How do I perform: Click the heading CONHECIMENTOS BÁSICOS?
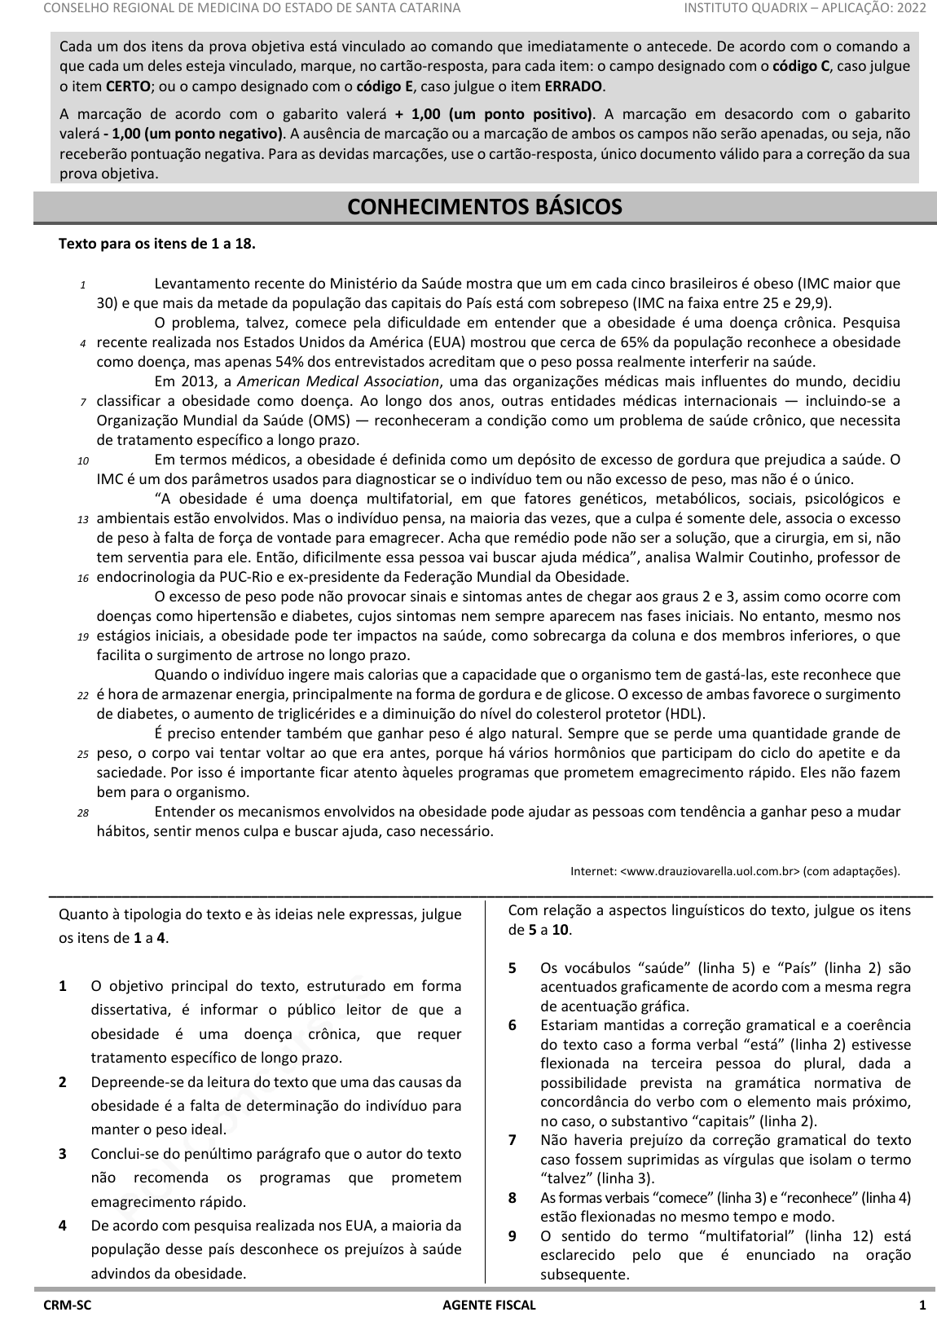(485, 207)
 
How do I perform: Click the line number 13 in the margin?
(83, 519)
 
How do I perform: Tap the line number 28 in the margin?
(83, 812)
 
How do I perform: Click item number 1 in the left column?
(63, 986)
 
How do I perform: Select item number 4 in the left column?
(63, 1226)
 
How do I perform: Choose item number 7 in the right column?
(512, 1140)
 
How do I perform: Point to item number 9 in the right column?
(512, 1236)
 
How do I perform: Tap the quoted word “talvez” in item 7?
(566, 1178)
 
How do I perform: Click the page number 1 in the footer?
(922, 1306)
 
